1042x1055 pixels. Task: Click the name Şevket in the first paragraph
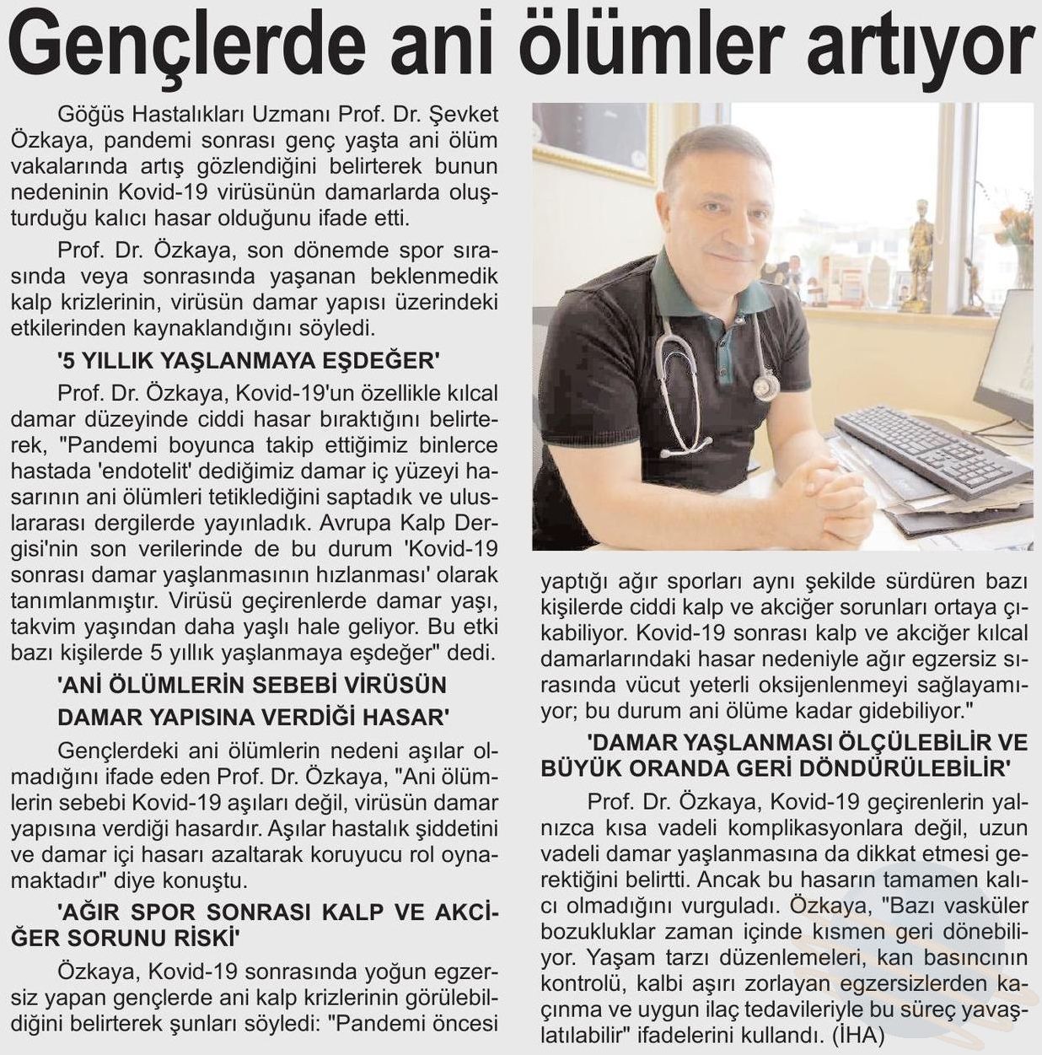[x=465, y=114]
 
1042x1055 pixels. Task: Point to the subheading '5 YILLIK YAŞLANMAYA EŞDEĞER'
[x=249, y=361]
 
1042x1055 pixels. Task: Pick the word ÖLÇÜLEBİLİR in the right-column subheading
[x=894, y=742]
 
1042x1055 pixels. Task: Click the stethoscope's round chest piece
[x=765, y=386]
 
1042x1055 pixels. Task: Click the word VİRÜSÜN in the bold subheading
[x=388, y=685]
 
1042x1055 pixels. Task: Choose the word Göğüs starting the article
[x=88, y=114]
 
